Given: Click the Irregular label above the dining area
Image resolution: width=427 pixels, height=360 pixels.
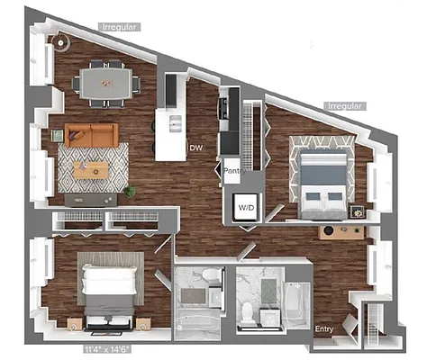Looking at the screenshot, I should coord(119,27).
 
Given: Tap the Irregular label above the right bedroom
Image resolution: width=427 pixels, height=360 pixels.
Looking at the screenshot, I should coord(345,105).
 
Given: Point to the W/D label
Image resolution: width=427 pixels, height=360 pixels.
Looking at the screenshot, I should coord(246,205).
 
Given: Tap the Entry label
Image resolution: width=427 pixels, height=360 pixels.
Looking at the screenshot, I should coord(324,329).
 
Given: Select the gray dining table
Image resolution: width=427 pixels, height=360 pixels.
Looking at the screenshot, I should coord(107,79).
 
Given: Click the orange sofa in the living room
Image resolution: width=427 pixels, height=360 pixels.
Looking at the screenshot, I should coord(92,136).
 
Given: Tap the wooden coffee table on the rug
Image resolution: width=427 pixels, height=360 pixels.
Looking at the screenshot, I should coord(91,169).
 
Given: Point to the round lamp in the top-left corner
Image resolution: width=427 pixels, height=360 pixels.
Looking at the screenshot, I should coord(61,41).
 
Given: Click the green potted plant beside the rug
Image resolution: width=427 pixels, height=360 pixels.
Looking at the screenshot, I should coord(131,191).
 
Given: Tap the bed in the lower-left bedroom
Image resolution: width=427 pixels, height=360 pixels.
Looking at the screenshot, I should coord(108,290).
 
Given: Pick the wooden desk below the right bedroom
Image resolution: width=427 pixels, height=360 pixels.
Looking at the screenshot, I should coord(341,231).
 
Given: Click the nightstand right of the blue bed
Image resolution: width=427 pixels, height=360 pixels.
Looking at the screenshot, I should coord(358,212).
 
